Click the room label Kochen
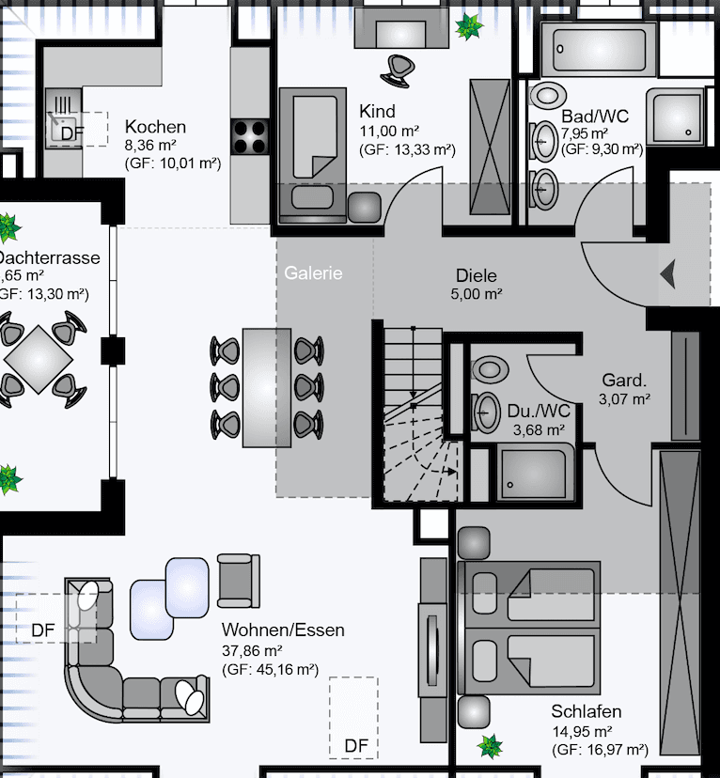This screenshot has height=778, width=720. pos(155,127)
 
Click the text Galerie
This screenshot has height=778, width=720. pos(314,273)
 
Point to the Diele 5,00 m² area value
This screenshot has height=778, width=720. pos(477,294)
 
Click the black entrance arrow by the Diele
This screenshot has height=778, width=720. pos(668,274)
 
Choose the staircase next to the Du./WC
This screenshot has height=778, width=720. pos(413,413)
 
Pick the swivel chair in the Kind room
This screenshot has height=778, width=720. pos(398,67)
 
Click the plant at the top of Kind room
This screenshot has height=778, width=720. pos(467,26)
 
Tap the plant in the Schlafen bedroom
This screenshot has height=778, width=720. pos(490,747)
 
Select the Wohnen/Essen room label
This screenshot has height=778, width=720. pos(283,630)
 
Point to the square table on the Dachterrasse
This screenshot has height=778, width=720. pos(38,358)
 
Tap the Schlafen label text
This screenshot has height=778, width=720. pos(587,711)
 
